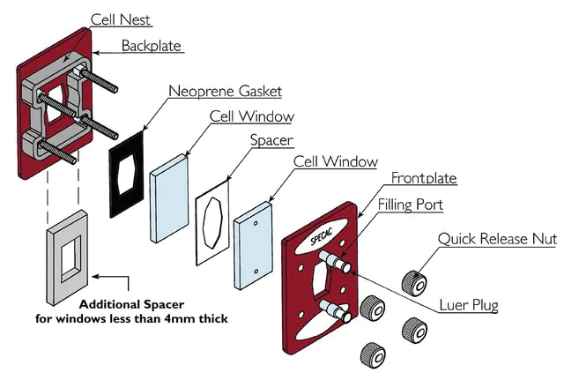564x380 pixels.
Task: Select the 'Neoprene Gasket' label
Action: point(225,91)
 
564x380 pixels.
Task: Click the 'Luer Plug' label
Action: point(470,306)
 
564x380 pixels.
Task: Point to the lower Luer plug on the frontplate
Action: point(337,309)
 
